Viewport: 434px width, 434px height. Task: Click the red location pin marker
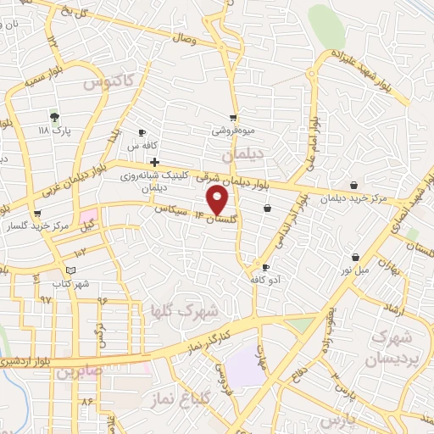tap(219, 200)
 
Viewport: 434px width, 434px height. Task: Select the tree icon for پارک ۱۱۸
tap(55, 118)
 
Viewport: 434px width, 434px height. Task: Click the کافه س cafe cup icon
tap(142, 133)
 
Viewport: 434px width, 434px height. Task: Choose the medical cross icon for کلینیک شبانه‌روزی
tap(154, 160)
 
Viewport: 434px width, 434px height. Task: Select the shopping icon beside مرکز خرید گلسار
tap(36, 214)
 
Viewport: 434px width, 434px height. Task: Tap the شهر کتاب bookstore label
tap(70, 284)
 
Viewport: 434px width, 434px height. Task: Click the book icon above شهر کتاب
tap(70, 270)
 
